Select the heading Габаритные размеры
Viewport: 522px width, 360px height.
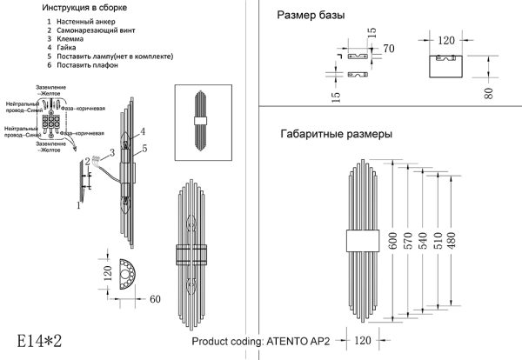[x=336, y=135]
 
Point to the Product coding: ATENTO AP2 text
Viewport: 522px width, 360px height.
[x=259, y=342]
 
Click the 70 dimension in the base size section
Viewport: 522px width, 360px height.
[x=388, y=48]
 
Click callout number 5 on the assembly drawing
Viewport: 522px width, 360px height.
[x=144, y=149]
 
